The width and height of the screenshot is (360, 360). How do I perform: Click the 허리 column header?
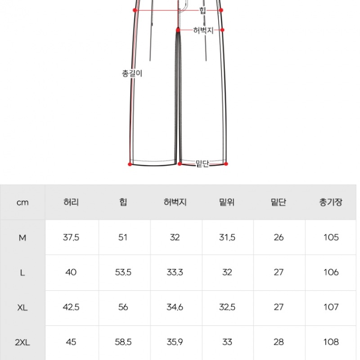pos(71,202)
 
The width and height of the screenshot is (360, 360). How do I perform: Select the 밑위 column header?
pos(227,202)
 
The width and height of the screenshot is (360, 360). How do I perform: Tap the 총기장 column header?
pos(331,202)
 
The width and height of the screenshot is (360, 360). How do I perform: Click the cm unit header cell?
pos(22,202)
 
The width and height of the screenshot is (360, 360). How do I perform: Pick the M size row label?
pos(22,238)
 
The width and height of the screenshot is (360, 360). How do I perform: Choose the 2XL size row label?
pos(22,342)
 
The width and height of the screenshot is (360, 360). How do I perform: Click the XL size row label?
pos(22,307)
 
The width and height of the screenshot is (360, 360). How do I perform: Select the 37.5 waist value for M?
pos(71,238)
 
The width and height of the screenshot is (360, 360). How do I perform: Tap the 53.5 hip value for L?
pos(123,272)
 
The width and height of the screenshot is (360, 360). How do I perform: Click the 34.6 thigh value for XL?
pos(175,307)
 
